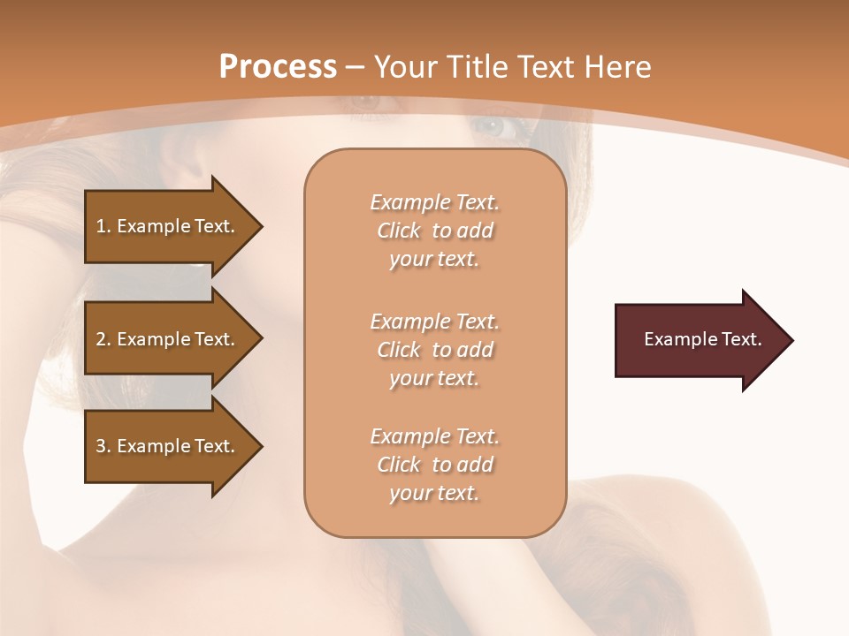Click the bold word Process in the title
[278, 66]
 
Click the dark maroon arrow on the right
[699, 339]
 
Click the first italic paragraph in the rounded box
[434, 231]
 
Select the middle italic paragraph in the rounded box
[434, 350]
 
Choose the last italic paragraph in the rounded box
[434, 465]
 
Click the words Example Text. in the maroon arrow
[702, 339]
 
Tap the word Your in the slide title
[406, 66]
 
